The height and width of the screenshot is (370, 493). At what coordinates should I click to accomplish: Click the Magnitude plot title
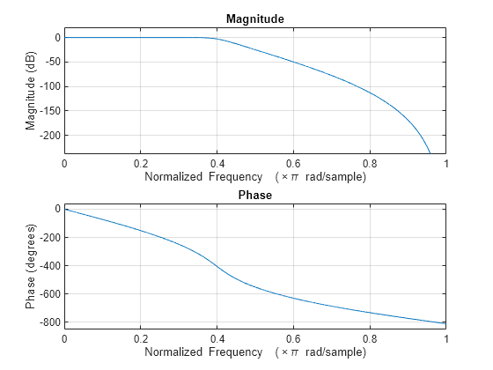click(x=254, y=18)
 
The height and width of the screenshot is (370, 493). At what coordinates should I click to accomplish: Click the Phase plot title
click(x=254, y=195)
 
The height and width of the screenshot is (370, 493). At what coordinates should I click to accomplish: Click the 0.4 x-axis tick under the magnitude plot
click(x=217, y=163)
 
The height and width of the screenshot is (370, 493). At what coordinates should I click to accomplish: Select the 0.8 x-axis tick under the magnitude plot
click(x=370, y=163)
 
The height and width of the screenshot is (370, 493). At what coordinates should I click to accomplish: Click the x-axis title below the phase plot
click(x=254, y=352)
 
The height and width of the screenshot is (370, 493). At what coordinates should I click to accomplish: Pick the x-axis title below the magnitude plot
click(x=254, y=176)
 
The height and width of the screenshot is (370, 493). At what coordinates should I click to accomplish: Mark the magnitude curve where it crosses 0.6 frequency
click(x=293, y=62)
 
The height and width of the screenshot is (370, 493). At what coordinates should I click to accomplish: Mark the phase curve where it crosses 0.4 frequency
click(x=217, y=263)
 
